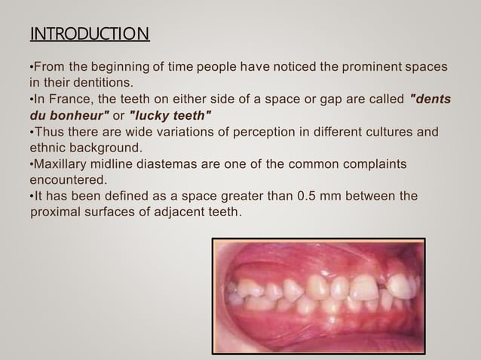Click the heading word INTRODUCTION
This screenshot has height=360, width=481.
click(x=89, y=35)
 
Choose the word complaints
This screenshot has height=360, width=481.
click(x=374, y=164)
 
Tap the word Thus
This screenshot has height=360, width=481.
click(x=48, y=133)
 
